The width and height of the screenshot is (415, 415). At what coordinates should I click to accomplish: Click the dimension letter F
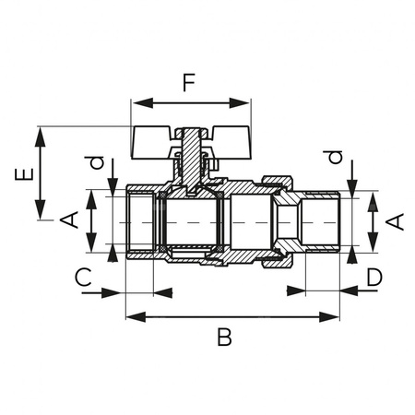[x=189, y=83]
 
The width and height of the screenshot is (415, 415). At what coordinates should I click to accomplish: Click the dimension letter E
[x=24, y=174]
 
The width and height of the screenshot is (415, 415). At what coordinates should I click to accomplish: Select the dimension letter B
[x=224, y=337]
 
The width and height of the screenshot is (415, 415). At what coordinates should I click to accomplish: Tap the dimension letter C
[x=83, y=277]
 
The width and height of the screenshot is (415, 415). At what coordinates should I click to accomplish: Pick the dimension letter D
[x=374, y=277]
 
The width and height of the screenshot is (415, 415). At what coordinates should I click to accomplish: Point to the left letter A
[x=69, y=219]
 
